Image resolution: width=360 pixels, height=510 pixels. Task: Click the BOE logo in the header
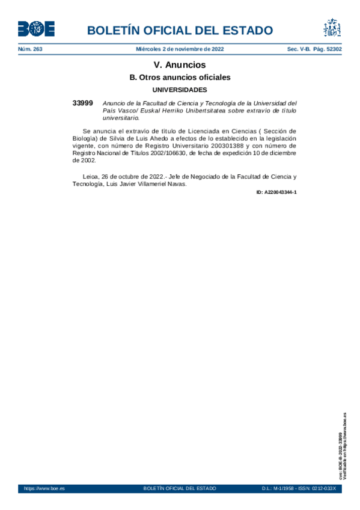click(36, 28)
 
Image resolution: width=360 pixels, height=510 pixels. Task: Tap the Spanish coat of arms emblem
click(332, 28)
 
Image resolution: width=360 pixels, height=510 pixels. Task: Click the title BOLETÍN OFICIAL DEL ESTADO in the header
click(180, 31)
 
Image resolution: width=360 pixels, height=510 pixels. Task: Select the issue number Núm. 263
click(30, 49)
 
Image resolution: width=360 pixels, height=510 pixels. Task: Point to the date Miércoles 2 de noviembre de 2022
click(180, 49)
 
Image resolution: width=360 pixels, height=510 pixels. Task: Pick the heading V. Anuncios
click(180, 65)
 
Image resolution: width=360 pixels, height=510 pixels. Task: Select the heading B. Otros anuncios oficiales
click(180, 78)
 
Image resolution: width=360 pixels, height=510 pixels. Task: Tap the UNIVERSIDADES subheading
click(180, 90)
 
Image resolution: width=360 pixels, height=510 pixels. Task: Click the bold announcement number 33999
click(82, 103)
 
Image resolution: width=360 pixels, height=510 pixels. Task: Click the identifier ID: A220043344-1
click(276, 192)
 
